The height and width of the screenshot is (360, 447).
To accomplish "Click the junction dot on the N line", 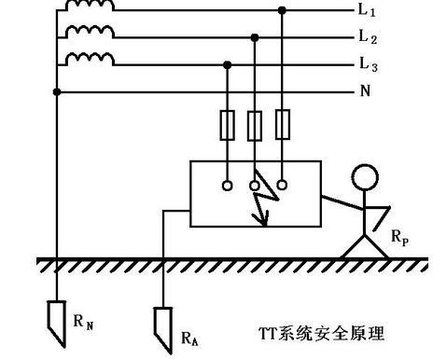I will point(58,91).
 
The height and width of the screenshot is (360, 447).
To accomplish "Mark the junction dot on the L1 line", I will point(282,10).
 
